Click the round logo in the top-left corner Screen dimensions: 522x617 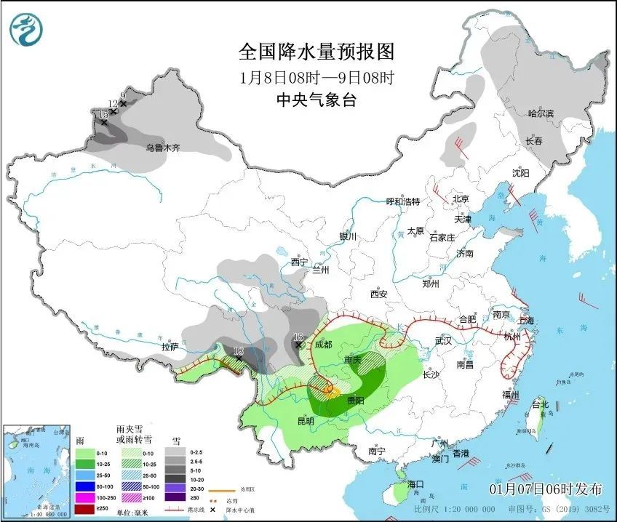(26, 29)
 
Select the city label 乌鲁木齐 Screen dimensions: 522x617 (162, 148)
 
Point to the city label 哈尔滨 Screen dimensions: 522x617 (541, 114)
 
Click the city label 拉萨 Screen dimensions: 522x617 (170, 347)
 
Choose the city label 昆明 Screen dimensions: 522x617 (305, 421)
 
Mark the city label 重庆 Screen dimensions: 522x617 (353, 360)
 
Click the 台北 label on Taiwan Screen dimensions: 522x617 (539, 403)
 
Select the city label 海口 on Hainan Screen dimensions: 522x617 (415, 484)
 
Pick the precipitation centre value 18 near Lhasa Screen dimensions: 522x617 (239, 350)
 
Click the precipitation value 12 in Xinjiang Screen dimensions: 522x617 (113, 104)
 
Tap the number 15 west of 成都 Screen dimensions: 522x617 (298, 337)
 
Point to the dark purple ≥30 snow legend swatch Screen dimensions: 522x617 (175, 496)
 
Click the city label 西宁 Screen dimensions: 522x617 (299, 261)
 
